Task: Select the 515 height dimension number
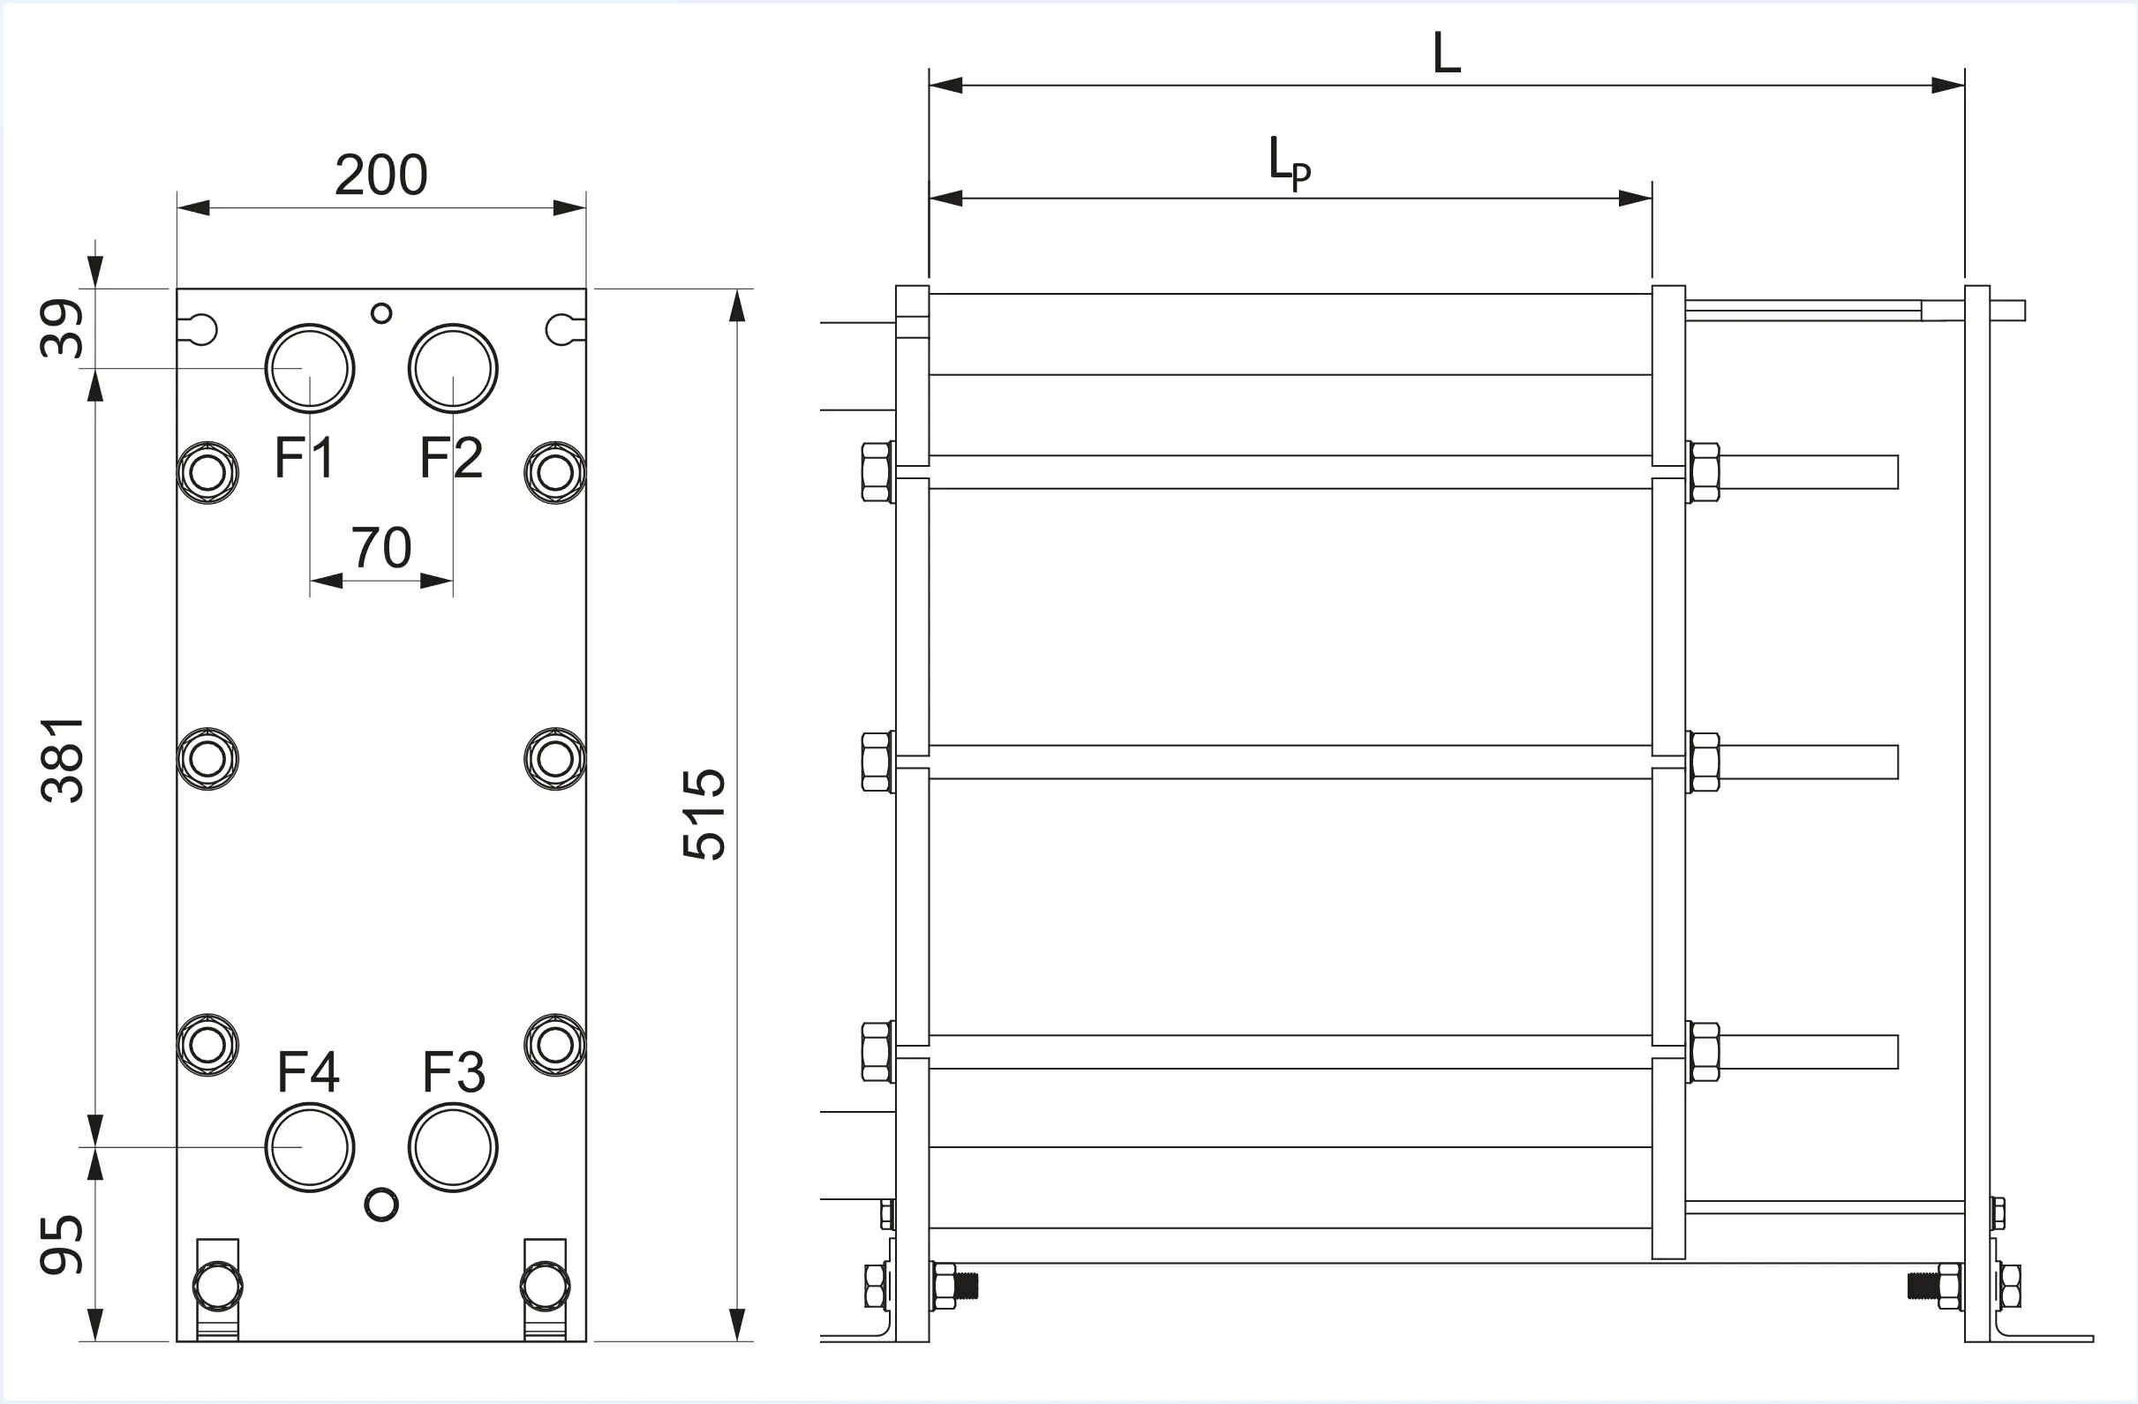[x=704, y=814]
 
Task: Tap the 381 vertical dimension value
[x=63, y=759]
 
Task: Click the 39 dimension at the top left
[x=63, y=328]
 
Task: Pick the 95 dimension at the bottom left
[x=63, y=1244]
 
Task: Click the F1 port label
[x=305, y=457]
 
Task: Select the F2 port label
[x=451, y=457]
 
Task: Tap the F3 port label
[x=454, y=1071]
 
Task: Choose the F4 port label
[x=308, y=1071]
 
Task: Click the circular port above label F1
[x=310, y=368]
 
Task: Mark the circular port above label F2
[x=453, y=368]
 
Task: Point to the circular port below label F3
[x=453, y=1147]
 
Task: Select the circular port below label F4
[x=310, y=1147]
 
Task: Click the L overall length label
[x=1446, y=54]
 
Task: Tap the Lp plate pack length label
[x=1289, y=161]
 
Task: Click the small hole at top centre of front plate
[x=380, y=313]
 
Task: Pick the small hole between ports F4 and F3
[x=380, y=1205]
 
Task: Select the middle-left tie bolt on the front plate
[x=208, y=759]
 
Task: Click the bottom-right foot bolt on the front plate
[x=546, y=1286]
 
